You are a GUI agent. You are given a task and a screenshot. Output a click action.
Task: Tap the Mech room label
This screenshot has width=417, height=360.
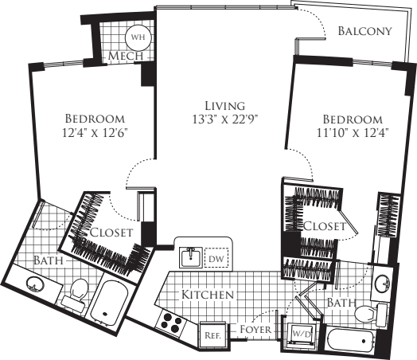125,57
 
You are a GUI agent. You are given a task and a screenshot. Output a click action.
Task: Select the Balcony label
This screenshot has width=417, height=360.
364,32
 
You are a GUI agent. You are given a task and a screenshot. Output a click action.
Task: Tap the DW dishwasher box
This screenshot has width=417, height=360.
215,258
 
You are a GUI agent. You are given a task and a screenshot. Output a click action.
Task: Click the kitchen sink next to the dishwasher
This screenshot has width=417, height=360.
190,257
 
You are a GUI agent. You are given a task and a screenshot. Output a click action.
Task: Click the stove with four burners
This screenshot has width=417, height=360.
171,320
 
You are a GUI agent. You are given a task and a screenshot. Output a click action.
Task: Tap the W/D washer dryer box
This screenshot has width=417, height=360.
302,335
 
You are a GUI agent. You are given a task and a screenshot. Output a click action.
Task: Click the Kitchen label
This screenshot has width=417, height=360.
208,295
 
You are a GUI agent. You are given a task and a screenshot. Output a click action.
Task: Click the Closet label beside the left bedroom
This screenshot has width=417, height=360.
111,233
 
